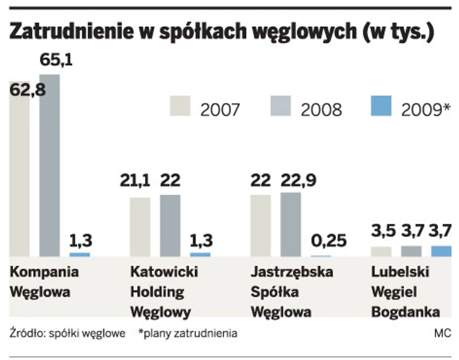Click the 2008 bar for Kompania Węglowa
pyautogui.click(x=49, y=165)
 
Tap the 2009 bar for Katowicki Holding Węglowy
pyautogui.click(x=200, y=254)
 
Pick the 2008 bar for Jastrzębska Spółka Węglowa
pyautogui.click(x=291, y=224)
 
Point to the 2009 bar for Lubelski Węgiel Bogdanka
pyautogui.click(x=441, y=251)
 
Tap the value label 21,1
pyautogui.click(x=134, y=181)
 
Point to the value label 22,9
pyautogui.click(x=297, y=181)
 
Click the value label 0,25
pyautogui.click(x=329, y=240)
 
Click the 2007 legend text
pyautogui.click(x=220, y=108)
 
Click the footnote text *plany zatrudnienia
pyautogui.click(x=188, y=333)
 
